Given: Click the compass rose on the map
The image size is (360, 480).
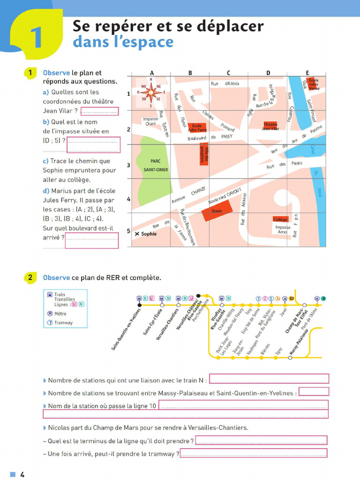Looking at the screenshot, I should click(x=151, y=92).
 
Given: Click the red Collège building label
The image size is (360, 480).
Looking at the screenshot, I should click(x=280, y=219).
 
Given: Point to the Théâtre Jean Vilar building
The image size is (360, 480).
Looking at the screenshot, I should click(x=270, y=126).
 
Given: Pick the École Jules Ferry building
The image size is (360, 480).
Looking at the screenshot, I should click(x=197, y=127).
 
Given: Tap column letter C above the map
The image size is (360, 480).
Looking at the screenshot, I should click(x=228, y=73).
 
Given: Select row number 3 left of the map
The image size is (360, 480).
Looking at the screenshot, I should click(x=128, y=165).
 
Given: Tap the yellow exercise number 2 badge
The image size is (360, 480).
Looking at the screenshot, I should click(x=30, y=277).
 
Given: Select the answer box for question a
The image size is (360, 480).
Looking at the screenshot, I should click(x=100, y=112).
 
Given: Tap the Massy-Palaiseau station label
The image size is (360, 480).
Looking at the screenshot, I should click(x=299, y=342).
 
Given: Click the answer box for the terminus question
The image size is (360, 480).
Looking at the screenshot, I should click(x=261, y=440).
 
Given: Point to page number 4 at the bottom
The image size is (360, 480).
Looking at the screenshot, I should click(x=22, y=474).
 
